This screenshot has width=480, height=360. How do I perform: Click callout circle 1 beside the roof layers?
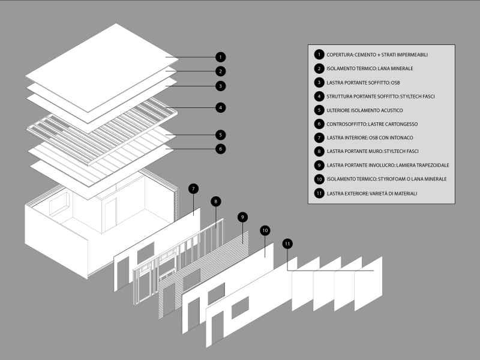(x=221, y=57)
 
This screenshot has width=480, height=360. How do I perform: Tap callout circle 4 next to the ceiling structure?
(x=221, y=108)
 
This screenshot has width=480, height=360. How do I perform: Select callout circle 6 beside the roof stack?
(x=221, y=148)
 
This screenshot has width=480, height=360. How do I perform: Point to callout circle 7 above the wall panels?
(x=193, y=188)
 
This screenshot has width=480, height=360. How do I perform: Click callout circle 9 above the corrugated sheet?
(x=242, y=217)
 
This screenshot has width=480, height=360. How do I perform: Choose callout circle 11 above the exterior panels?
(x=288, y=244)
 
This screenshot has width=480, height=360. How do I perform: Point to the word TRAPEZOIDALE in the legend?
(x=430, y=165)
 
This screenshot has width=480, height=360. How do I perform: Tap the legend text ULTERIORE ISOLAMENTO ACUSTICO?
(x=364, y=110)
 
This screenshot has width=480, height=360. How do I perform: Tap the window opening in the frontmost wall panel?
(x=240, y=307)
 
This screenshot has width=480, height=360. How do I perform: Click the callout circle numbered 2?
(x=221, y=71)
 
